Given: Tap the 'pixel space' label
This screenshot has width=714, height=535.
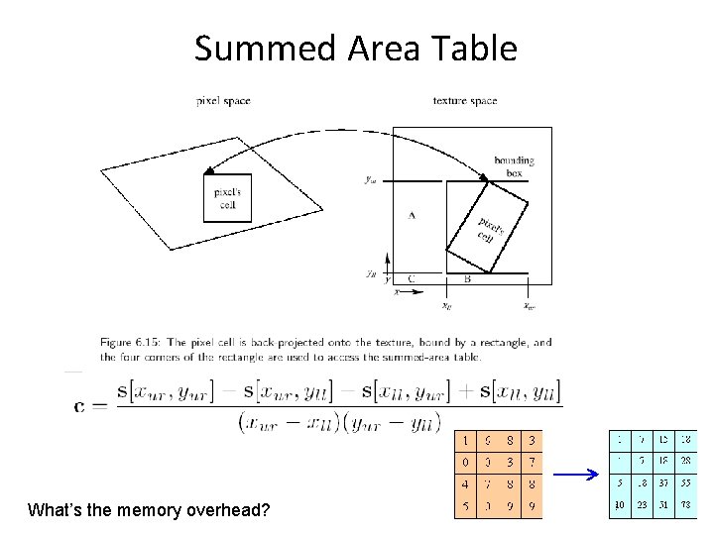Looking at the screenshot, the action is pos(223,100).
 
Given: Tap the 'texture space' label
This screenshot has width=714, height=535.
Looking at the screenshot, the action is pos(465,100).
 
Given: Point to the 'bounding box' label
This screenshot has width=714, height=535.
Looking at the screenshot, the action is pos(514,166).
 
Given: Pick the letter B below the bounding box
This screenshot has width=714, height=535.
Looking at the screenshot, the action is pos(467,279).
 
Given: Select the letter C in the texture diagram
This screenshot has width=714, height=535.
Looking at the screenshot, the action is pos(411,279).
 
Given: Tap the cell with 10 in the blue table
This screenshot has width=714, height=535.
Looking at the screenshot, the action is pos(619,505).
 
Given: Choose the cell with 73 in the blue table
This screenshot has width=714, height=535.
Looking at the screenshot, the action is pos(685,505).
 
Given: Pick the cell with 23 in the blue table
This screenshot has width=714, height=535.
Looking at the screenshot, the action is pos(642,505).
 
